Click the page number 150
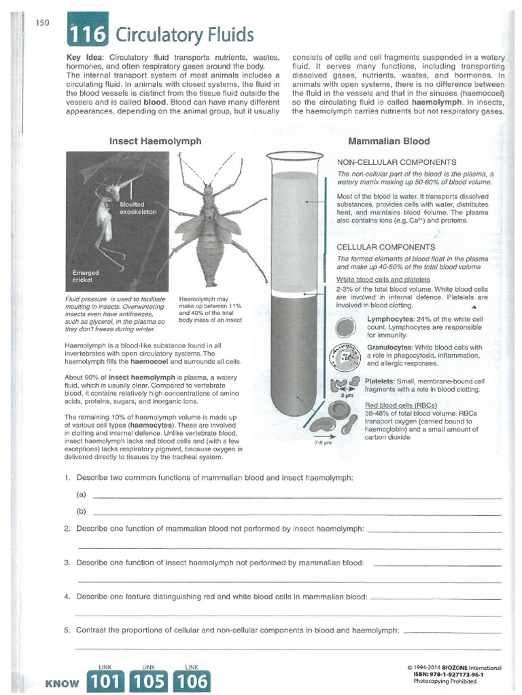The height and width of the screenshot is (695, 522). pos(42,22)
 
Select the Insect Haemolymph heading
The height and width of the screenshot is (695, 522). pos(156,141)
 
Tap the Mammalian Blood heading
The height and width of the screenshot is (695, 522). pos(389,141)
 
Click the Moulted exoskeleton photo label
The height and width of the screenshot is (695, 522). pos(139,208)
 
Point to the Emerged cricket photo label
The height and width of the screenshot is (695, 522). pos(86,276)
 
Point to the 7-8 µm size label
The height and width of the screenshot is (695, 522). pos(322,443)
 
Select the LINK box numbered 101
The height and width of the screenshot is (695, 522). pos(105,679)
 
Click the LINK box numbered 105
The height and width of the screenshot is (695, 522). pos(149,679)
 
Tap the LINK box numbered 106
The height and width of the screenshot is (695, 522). pos(192,679)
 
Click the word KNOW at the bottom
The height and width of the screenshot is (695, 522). pos(61,683)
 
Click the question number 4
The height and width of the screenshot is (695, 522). pos(67,597)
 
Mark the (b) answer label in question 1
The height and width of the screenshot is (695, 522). pos(82,511)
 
